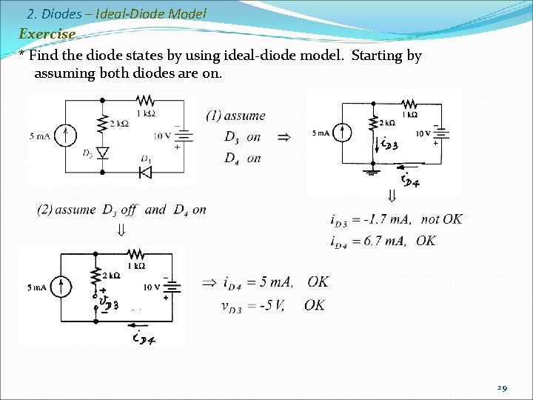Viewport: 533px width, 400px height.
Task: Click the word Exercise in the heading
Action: pos(47,34)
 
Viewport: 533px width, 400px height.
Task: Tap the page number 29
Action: pos(503,388)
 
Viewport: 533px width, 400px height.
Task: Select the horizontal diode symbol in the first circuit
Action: pos(144,172)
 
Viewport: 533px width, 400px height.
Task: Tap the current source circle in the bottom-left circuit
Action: pos(63,287)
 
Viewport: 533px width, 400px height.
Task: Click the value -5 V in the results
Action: pos(278,304)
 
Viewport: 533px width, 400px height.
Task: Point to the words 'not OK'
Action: pos(442,219)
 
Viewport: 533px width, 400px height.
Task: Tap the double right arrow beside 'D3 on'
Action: pos(284,137)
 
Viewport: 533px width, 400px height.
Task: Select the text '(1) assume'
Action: pos(235,116)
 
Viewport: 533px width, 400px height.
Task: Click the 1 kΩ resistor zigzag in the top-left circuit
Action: pos(144,100)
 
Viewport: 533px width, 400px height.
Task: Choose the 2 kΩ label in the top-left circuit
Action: pos(118,123)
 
